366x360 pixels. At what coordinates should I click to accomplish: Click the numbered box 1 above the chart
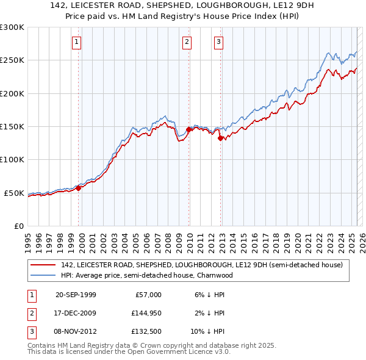[77, 42]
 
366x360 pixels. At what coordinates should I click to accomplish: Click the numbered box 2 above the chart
[187, 42]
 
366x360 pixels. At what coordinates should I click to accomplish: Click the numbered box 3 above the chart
[218, 42]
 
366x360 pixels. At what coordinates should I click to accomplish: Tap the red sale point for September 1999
[79, 188]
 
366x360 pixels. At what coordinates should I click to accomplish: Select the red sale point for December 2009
[189, 129]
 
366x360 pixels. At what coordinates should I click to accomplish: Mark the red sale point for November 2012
[220, 138]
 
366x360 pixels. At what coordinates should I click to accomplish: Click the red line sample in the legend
[43, 265]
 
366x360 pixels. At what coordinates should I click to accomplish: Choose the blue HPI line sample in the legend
[43, 275]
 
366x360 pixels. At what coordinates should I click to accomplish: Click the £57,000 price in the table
[148, 294]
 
